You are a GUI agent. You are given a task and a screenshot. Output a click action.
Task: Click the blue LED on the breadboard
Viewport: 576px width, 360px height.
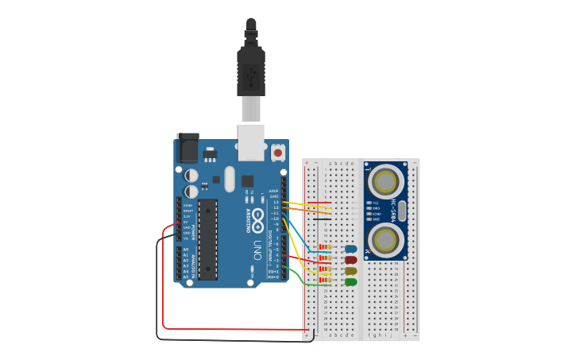click(x=350, y=249)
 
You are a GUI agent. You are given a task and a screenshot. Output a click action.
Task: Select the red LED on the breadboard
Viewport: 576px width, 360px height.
click(x=350, y=260)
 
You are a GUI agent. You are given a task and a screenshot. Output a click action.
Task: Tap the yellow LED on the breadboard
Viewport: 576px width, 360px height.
click(x=350, y=271)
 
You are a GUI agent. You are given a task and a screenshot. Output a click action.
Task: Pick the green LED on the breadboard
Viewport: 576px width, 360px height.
click(x=350, y=282)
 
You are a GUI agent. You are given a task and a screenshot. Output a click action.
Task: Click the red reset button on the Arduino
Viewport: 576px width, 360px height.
click(x=278, y=151)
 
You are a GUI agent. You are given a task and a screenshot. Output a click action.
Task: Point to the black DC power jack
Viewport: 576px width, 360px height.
click(x=187, y=148)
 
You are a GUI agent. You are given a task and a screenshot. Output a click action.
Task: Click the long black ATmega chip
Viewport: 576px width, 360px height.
click(x=207, y=239)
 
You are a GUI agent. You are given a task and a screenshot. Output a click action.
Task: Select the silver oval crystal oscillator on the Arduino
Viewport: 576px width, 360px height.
click(x=230, y=179)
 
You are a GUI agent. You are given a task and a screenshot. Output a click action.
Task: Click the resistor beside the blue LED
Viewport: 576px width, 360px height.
click(x=325, y=247)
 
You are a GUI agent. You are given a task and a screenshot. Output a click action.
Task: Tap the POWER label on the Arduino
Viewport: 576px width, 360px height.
click(x=191, y=230)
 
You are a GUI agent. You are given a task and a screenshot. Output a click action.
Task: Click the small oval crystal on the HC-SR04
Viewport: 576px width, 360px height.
click(x=402, y=211)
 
